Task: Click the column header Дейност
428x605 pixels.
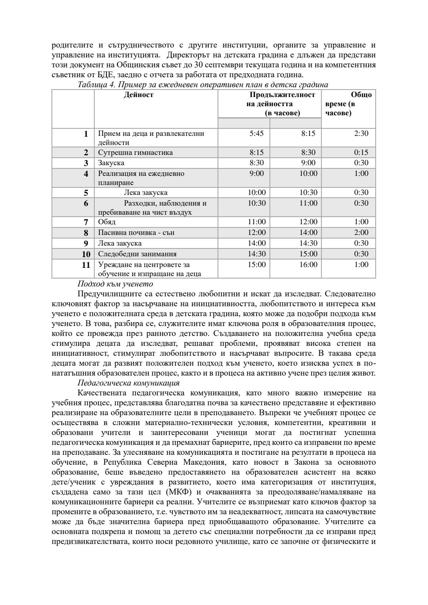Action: pos(138,95)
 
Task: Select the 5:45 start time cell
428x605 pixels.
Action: pos(256,134)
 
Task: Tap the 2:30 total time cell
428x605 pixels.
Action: pos(361,134)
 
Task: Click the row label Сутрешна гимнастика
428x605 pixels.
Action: pos(135,153)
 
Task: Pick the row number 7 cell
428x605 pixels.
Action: pos(86,222)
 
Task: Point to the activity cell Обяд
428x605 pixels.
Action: pos(107,222)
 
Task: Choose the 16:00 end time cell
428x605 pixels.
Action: pos(308,265)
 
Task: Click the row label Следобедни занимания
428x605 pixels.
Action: pos(137,254)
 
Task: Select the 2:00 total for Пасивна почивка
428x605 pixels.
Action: pos(361,233)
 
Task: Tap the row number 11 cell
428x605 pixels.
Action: pos(86,265)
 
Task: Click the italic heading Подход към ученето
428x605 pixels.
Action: pos(115,284)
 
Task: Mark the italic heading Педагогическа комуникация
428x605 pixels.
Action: pos(128,383)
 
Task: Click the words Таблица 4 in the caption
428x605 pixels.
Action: pos(94,85)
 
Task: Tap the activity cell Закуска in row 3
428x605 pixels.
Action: pos(111,163)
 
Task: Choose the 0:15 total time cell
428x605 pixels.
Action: pos(361,153)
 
